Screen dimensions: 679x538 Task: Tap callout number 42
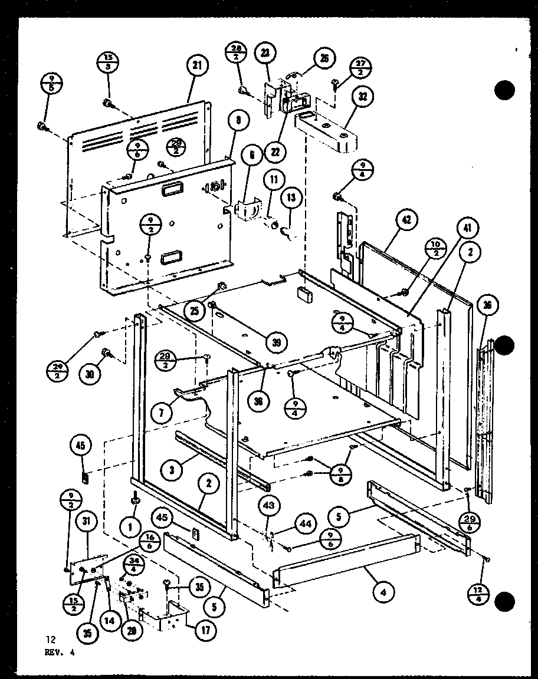(x=406, y=220)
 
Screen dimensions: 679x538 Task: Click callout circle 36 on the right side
(x=488, y=305)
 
